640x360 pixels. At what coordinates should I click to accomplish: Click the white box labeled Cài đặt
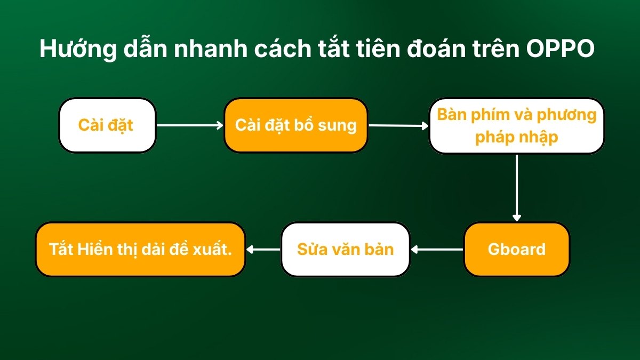pos(107,125)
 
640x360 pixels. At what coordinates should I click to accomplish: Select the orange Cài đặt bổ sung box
pos(296,125)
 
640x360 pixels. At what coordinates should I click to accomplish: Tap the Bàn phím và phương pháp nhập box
pos(517,126)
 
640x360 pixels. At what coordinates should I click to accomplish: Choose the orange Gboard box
pos(516,249)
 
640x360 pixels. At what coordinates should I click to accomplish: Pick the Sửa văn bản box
pos(345,249)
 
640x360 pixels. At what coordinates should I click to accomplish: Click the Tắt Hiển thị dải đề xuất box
pos(140,249)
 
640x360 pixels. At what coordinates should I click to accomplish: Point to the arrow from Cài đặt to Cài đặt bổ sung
pos(189,125)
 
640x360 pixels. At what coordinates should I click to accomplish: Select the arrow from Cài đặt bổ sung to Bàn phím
pos(398,126)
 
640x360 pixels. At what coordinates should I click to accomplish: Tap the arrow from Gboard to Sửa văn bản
pos(437,249)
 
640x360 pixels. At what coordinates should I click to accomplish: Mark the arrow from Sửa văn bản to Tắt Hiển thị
pos(263,249)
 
